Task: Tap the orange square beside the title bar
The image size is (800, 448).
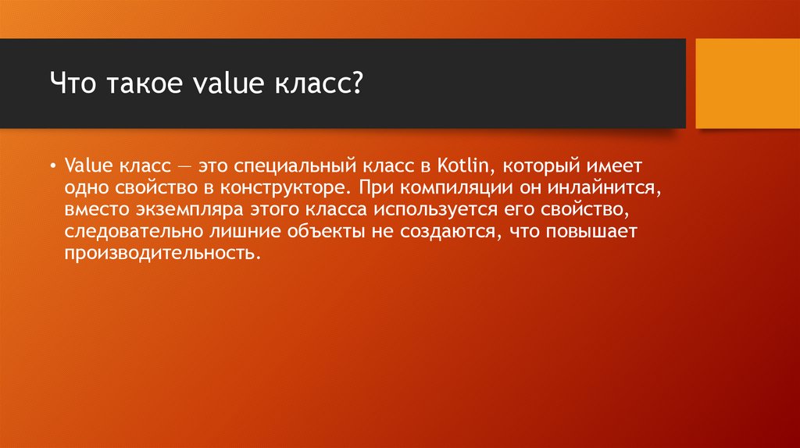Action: click(x=747, y=83)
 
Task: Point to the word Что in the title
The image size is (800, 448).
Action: click(x=71, y=82)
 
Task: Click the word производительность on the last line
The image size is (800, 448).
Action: click(x=159, y=254)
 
